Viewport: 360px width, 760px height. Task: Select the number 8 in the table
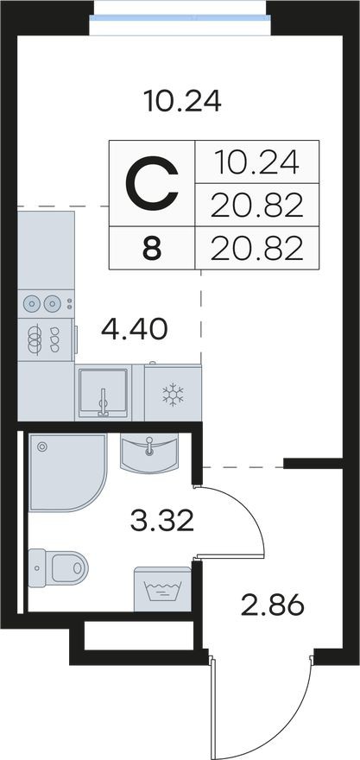[152, 250]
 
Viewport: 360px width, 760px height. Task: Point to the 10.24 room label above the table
[182, 103]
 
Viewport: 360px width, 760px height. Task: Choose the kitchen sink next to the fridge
[104, 393]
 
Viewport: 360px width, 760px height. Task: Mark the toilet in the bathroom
[63, 567]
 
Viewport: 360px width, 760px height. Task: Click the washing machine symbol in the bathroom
[162, 589]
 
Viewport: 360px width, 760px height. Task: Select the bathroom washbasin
[150, 453]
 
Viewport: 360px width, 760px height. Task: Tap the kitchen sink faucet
[103, 400]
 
